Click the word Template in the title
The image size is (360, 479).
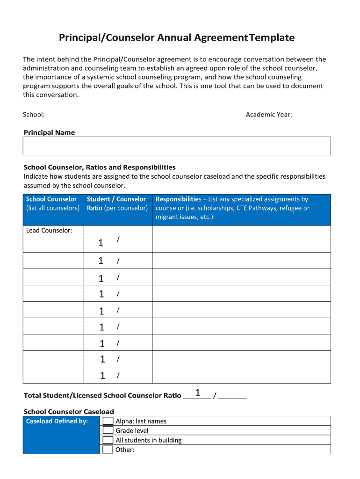pyautogui.click(x=272, y=38)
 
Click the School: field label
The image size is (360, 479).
pyautogui.click(x=34, y=115)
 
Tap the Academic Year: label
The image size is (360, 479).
pyautogui.click(x=269, y=115)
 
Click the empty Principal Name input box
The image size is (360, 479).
pyautogui.click(x=177, y=146)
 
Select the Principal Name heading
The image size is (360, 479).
pyautogui.click(x=49, y=133)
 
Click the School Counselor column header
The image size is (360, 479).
pyautogui.click(x=53, y=203)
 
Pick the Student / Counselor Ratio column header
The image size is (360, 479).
pyautogui.click(x=117, y=203)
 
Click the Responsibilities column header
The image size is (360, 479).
pyautogui.click(x=232, y=208)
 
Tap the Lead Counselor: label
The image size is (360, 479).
pyautogui.click(x=49, y=230)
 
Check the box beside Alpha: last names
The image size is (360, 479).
pyautogui.click(x=108, y=421)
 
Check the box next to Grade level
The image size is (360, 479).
pyautogui.click(x=108, y=430)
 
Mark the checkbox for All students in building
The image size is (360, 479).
pyautogui.click(x=108, y=440)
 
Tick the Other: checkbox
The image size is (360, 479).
pyautogui.click(x=108, y=450)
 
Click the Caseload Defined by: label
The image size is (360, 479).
pyautogui.click(x=57, y=421)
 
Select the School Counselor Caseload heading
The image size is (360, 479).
pyautogui.click(x=69, y=412)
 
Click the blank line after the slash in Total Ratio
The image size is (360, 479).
pyautogui.click(x=232, y=396)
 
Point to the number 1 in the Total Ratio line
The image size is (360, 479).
pyautogui.click(x=198, y=393)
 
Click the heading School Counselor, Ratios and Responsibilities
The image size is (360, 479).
pyautogui.click(x=100, y=167)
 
